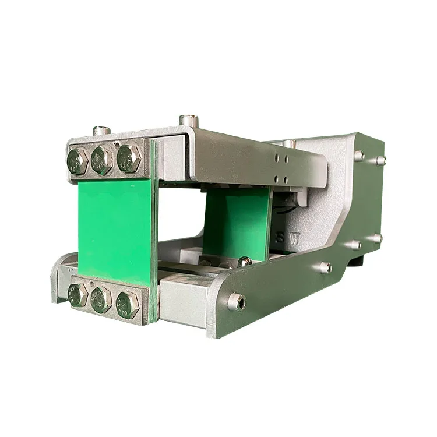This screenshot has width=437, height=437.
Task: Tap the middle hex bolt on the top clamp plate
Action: point(101,159)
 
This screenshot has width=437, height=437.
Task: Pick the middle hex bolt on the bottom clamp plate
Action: point(101,299)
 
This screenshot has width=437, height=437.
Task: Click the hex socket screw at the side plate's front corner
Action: point(236,301)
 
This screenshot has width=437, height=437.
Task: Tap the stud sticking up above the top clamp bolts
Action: point(101,130)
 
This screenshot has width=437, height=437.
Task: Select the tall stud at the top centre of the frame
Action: point(188,121)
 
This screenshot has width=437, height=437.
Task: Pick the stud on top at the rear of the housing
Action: point(290,143)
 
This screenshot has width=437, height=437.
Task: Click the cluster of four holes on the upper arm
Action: point(282,165)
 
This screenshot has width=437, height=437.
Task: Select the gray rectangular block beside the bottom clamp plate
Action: point(182,294)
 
